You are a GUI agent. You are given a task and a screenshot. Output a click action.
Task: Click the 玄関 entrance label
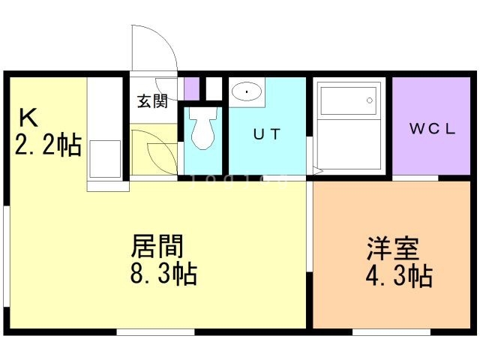coord(152,101)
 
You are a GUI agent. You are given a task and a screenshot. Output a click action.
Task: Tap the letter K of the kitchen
coord(28,118)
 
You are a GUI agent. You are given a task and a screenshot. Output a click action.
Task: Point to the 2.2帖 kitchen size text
coord(48,145)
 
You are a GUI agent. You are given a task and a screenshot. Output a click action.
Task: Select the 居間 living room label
coord(157,246)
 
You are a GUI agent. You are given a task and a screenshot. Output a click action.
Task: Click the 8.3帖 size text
coord(163,274)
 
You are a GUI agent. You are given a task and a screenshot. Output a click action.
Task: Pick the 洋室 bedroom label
coord(393,248)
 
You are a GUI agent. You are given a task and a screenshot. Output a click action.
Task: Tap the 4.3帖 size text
coord(399,276)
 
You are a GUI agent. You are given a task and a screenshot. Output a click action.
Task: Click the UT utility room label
coord(267,134)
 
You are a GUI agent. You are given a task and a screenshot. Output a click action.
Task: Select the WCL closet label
coord(432,129)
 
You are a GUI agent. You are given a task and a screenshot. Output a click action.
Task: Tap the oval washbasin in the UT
coord(247,91)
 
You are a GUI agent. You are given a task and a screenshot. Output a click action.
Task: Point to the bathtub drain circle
coord(370,100)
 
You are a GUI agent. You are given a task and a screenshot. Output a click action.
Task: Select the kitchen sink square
coord(105,159)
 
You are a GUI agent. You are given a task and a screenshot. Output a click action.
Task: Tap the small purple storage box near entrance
coord(192,88)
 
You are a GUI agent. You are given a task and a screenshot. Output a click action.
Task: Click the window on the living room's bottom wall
coord(155,332)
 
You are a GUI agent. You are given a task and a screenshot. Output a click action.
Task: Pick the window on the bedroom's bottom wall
coord(391,332)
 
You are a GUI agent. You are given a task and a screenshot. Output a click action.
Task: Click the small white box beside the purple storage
coord(214,88)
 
